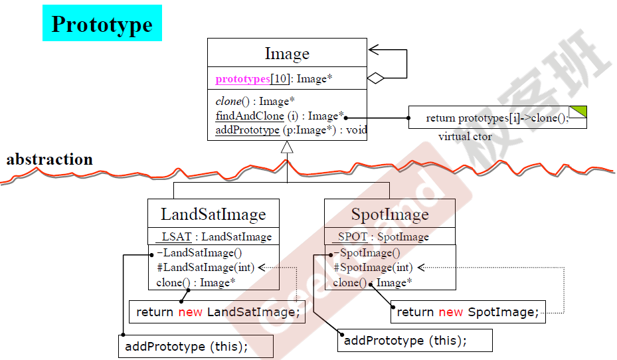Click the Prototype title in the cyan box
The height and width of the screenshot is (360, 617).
pos(102,24)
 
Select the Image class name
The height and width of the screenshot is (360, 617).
pos(287,53)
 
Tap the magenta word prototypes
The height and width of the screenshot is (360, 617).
pos(242,79)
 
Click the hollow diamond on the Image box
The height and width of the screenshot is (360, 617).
pos(376,78)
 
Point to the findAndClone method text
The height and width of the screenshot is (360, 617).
pos(250,116)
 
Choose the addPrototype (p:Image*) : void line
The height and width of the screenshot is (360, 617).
pos(291,130)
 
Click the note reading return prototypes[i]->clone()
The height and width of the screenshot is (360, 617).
pos(497,118)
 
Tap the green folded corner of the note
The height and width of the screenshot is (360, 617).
pos(578,112)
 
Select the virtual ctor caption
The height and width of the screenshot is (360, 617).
pos(465,137)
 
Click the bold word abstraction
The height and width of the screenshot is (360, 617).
pos(50,159)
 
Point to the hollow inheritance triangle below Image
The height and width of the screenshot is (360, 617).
pos(287,147)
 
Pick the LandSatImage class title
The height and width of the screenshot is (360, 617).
pos(213,214)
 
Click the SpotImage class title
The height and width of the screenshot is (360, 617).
pos(390,214)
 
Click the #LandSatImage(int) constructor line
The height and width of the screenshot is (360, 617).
pos(205,268)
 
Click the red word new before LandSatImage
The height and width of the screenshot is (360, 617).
pos(190,312)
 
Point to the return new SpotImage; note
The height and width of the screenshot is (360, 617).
pos(468,312)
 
